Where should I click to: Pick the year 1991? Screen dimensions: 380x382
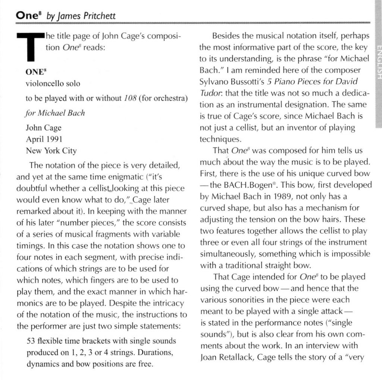[53, 139]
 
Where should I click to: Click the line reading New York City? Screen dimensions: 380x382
[51, 151]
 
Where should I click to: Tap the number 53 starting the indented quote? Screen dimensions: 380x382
[32, 342]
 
